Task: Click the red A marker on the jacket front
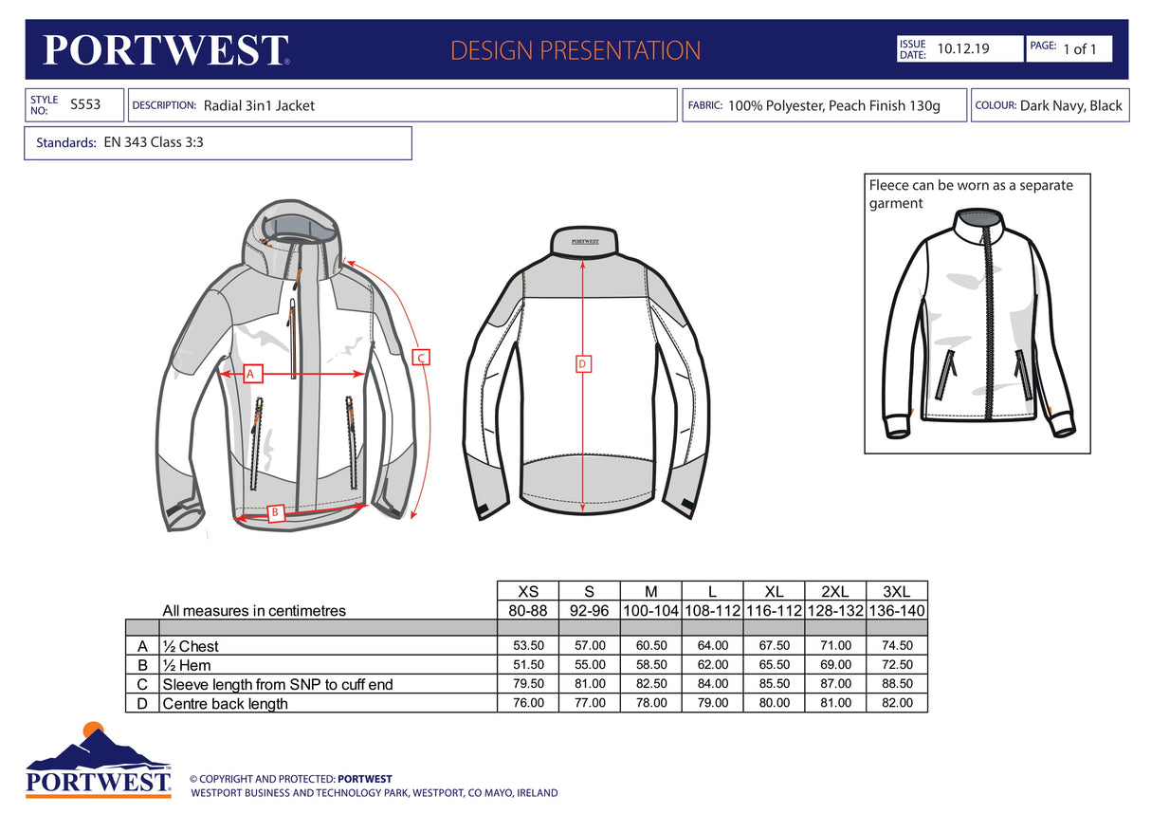click(251, 374)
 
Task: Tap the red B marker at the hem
click(275, 512)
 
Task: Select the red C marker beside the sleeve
click(422, 358)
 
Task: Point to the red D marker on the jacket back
click(583, 363)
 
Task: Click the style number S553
click(85, 104)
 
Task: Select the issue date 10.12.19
click(962, 48)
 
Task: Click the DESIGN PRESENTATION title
click(575, 50)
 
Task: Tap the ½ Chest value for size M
click(650, 646)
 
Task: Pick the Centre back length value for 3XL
click(897, 703)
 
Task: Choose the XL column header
click(774, 591)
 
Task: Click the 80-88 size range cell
click(528, 611)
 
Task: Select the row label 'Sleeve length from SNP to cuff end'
click(277, 684)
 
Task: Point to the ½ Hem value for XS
click(528, 665)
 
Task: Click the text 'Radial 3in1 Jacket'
click(259, 105)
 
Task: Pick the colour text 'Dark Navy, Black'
click(1070, 105)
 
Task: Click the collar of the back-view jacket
click(584, 240)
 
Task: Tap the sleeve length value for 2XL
click(835, 684)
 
